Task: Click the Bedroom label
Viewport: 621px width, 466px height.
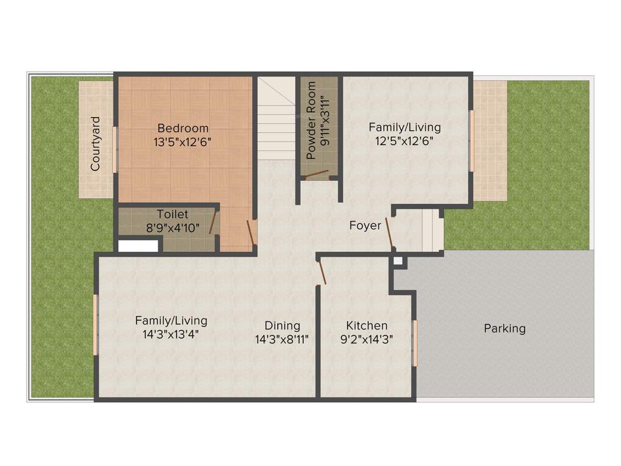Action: tap(183, 128)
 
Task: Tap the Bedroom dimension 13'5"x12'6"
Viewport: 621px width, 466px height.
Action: tap(183, 142)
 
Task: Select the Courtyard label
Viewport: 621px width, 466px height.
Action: tap(95, 143)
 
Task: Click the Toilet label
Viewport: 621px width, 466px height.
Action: tap(172, 214)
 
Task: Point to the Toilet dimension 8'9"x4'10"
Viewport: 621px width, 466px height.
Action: tap(172, 229)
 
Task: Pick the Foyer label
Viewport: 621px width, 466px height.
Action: tap(365, 226)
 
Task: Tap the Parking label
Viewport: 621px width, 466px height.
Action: tap(505, 329)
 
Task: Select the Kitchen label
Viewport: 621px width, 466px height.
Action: tap(367, 326)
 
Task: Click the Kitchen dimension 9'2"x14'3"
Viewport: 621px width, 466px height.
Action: tap(367, 340)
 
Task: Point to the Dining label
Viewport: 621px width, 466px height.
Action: tap(282, 326)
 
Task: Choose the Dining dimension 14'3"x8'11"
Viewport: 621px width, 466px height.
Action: tap(282, 340)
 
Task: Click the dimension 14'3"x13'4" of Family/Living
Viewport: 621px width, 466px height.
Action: tap(171, 334)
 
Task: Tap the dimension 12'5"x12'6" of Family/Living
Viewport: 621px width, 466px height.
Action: tap(405, 142)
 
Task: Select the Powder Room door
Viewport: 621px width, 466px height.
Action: tap(316, 175)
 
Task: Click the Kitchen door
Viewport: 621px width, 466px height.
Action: tap(321, 271)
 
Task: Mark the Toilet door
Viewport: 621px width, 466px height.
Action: tap(213, 221)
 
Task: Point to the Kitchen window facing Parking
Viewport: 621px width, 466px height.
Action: tap(415, 343)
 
